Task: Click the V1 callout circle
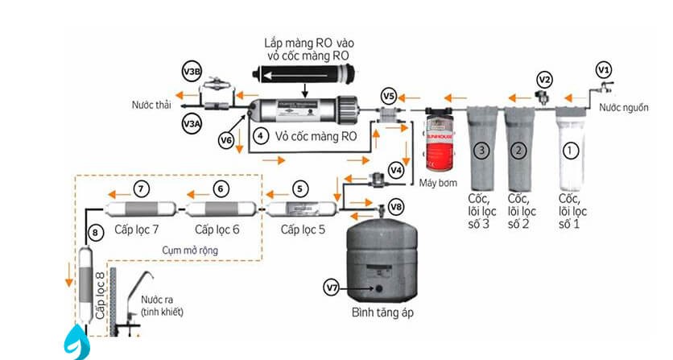[604, 68]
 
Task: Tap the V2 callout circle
[545, 80]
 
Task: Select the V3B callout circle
[192, 72]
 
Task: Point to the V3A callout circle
[192, 124]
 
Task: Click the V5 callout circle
[388, 97]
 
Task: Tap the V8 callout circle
[395, 207]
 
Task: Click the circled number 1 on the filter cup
[570, 149]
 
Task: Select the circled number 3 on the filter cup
[481, 149]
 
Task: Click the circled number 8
[97, 234]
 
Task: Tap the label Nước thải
[153, 104]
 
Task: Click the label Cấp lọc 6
[217, 230]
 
